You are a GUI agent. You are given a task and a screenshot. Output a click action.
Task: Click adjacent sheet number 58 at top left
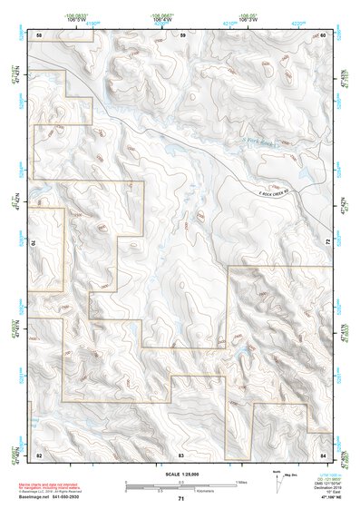(x=38, y=34)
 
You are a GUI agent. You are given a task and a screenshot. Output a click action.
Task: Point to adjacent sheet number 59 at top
(x=182, y=34)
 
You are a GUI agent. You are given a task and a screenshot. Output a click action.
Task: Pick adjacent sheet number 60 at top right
(x=323, y=34)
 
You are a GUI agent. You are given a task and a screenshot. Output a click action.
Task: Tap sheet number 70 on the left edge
(x=36, y=243)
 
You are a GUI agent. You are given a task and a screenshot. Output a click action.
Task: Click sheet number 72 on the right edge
(x=326, y=243)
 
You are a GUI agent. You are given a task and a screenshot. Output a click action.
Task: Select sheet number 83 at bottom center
(x=181, y=453)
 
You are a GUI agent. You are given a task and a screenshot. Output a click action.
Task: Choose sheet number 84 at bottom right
(x=323, y=453)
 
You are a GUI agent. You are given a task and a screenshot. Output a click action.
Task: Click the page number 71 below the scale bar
(x=181, y=499)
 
